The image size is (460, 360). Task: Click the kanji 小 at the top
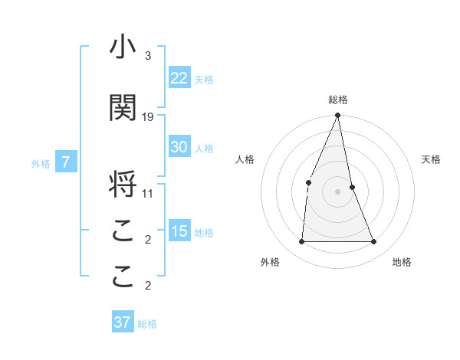tap(123, 47)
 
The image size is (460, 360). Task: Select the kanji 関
tap(123, 107)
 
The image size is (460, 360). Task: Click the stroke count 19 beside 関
tap(148, 117)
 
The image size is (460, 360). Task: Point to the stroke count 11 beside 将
tap(148, 194)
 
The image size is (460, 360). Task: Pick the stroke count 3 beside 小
tap(147, 56)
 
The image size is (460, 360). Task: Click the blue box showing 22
tap(179, 77)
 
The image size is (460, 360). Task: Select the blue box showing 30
tap(179, 147)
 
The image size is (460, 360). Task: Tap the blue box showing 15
tap(179, 231)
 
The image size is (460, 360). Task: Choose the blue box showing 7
tap(66, 162)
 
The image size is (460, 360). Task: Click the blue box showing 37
tap(122, 322)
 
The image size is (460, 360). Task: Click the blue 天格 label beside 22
tap(204, 79)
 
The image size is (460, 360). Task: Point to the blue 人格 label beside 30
tap(204, 149)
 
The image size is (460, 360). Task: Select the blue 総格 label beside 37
tap(147, 324)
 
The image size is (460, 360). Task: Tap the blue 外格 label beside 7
tap(41, 163)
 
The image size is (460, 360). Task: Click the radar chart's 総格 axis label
tap(337, 100)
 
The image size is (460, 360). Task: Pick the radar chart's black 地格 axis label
tap(402, 262)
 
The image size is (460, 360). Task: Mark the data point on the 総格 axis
tap(337, 116)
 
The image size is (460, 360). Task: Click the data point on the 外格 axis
tap(301, 241)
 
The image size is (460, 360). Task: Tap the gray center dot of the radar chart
tap(337, 191)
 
